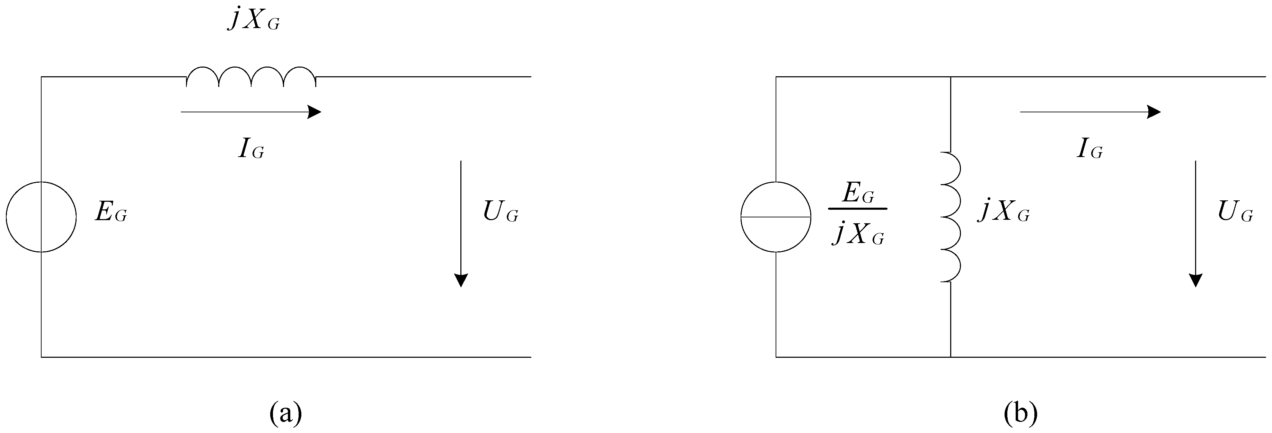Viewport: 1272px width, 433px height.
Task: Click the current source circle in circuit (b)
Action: click(776, 217)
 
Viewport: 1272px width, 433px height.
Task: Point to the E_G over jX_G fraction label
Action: click(858, 213)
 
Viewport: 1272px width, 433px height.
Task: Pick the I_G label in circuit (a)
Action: click(251, 149)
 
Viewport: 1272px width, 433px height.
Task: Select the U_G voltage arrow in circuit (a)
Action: click(461, 223)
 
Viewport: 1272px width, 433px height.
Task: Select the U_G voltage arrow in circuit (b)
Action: click(1195, 223)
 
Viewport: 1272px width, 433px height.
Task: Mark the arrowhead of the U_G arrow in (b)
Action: click(1195, 280)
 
